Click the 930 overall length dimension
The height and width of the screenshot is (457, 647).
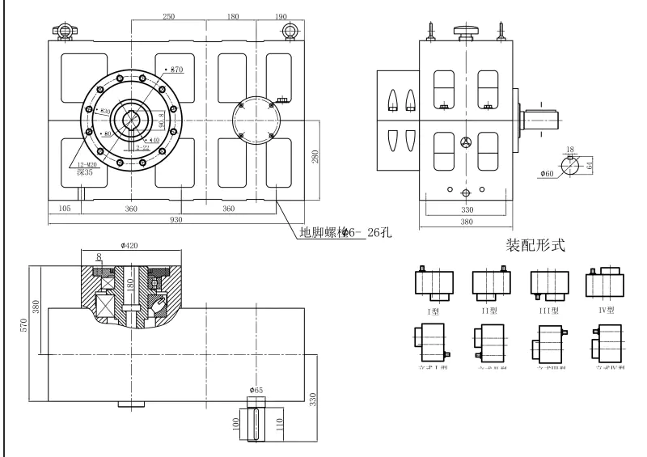pos(175,219)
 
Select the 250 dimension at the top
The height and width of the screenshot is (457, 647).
pos(169,16)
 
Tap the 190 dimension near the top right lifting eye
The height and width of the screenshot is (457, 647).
pos(281,16)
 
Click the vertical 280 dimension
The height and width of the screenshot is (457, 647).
pos(315,156)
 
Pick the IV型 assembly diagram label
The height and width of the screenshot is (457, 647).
pos(606,309)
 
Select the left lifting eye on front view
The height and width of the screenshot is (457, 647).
pos(63,31)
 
